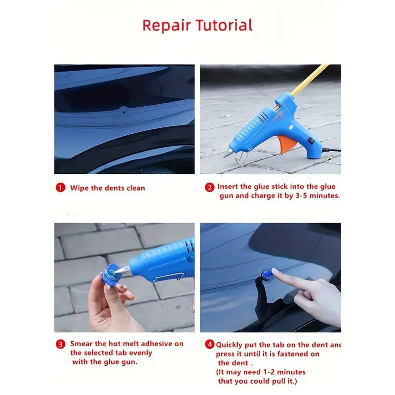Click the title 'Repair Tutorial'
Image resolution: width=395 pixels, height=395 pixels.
197,25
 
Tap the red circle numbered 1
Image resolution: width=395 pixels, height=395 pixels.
60,188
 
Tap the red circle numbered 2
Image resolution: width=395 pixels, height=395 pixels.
209,187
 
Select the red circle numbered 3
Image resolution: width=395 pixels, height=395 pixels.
60,344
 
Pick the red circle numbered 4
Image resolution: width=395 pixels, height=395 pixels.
209,345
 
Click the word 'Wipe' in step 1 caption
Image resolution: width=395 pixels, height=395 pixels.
79,188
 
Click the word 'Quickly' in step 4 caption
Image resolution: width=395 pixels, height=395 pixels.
232,345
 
